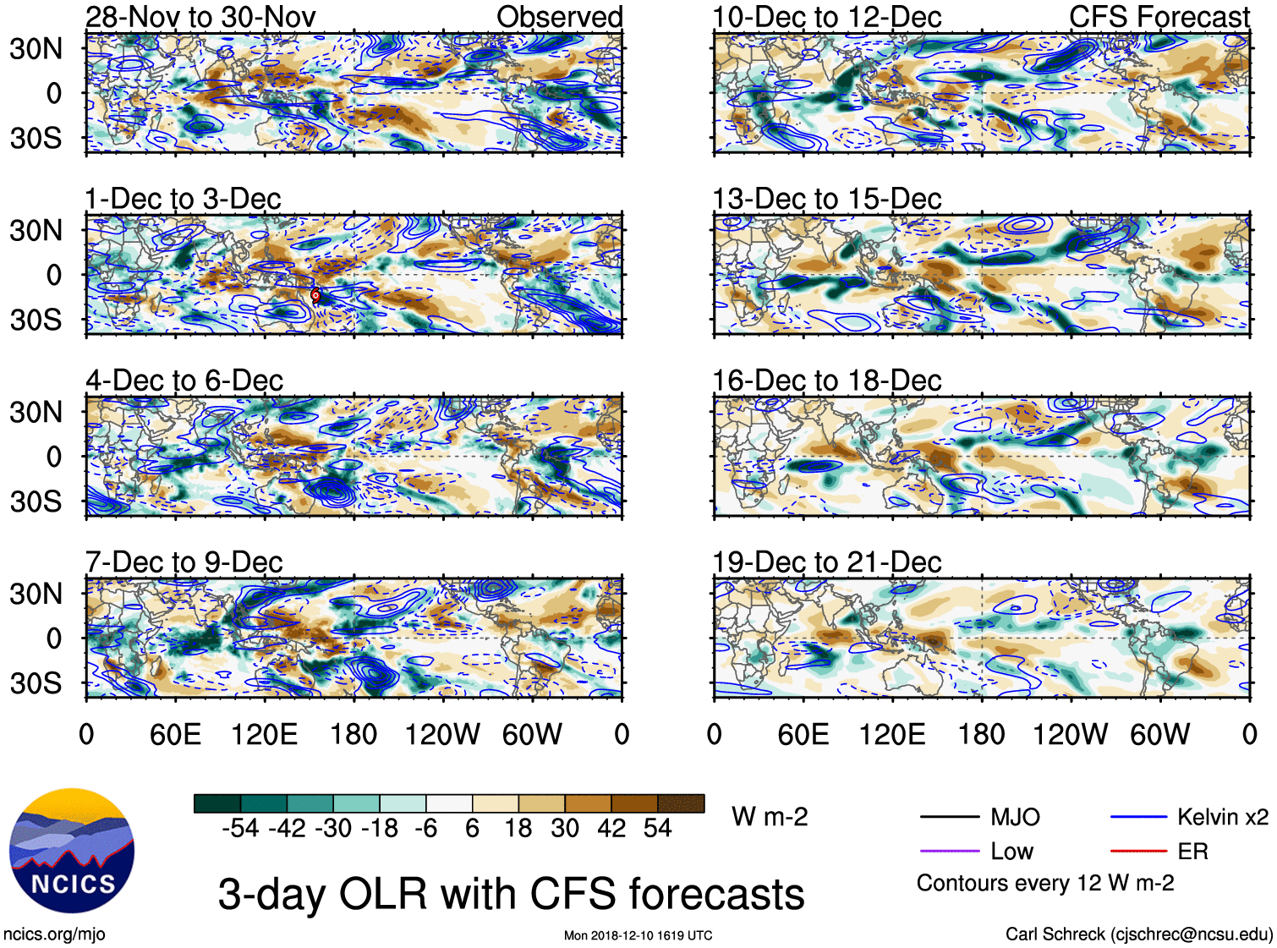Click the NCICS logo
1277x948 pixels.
pyautogui.click(x=72, y=851)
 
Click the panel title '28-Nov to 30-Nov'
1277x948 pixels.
pyautogui.click(x=200, y=17)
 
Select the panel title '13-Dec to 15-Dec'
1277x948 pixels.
pyautogui.click(x=826, y=199)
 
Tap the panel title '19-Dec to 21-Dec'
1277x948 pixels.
pyautogui.click(x=826, y=562)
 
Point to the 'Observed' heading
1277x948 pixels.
pyautogui.click(x=559, y=17)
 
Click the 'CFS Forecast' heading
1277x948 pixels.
pyautogui.click(x=1159, y=17)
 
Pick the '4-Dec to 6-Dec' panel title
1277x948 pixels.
pyautogui.click(x=184, y=381)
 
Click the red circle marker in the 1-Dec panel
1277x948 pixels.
pyautogui.click(x=315, y=295)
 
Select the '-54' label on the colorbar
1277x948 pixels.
pyautogui.click(x=240, y=828)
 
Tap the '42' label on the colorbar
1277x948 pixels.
pyautogui.click(x=611, y=828)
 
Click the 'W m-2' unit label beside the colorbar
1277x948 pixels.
pyautogui.click(x=770, y=817)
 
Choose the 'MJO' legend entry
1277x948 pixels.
pyautogui.click(x=1015, y=817)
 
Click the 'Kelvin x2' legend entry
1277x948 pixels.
pyautogui.click(x=1222, y=817)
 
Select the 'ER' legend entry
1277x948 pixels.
pyautogui.click(x=1192, y=852)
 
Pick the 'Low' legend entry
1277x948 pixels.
pyautogui.click(x=1011, y=852)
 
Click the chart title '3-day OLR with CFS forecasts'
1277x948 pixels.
pyautogui.click(x=511, y=894)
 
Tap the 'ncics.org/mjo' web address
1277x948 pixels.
pyautogui.click(x=54, y=934)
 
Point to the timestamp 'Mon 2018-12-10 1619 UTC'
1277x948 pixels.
pyautogui.click(x=638, y=935)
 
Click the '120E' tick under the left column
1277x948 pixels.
pyautogui.click(x=265, y=734)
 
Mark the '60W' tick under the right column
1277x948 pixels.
pyautogui.click(x=1159, y=734)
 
